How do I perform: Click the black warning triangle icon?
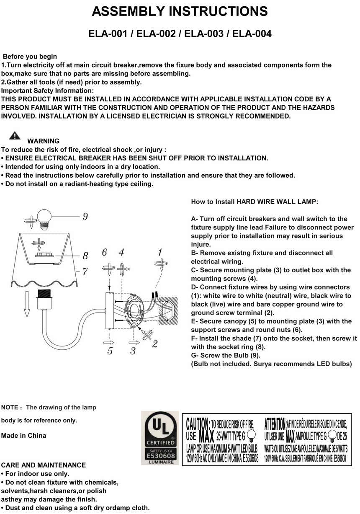pyautogui.click(x=15, y=135)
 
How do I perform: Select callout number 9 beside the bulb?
pyautogui.click(x=85, y=217)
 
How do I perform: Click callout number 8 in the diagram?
pyautogui.click(x=85, y=255)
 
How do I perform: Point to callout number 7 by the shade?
pyautogui.click(x=85, y=271)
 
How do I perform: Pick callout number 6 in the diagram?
pyautogui.click(x=105, y=252)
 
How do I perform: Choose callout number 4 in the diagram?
pyautogui.click(x=121, y=252)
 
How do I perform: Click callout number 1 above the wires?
pyautogui.click(x=160, y=252)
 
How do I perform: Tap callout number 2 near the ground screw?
pyautogui.click(x=155, y=344)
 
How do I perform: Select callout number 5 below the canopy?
pyautogui.click(x=110, y=351)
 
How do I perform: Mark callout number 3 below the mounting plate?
pyautogui.click(x=133, y=351)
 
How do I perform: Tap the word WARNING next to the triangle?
pyautogui.click(x=43, y=141)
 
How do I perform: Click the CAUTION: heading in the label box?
pyautogui.click(x=198, y=424)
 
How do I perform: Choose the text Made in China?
pyautogui.click(x=24, y=436)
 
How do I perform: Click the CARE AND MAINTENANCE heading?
pyautogui.click(x=44, y=465)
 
